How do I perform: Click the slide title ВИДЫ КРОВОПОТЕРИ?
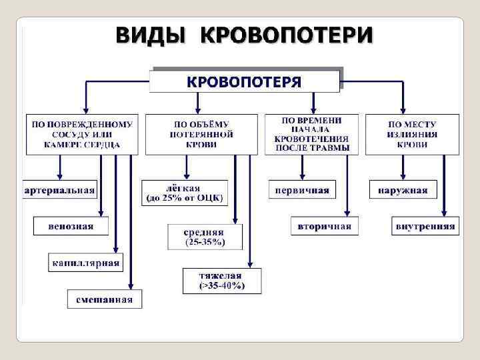(x=244, y=35)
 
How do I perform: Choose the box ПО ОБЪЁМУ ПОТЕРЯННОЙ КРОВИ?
(x=201, y=134)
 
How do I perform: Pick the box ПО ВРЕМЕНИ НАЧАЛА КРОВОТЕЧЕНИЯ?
(x=311, y=134)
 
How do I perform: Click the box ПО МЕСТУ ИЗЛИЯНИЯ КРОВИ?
(x=412, y=134)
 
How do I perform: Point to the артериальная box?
(x=61, y=190)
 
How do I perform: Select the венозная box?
(x=71, y=226)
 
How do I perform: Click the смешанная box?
(x=104, y=299)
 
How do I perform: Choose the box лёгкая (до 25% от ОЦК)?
(x=185, y=192)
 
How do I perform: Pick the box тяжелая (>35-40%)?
(x=222, y=281)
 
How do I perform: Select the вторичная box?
(x=325, y=226)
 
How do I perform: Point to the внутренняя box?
(x=425, y=226)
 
